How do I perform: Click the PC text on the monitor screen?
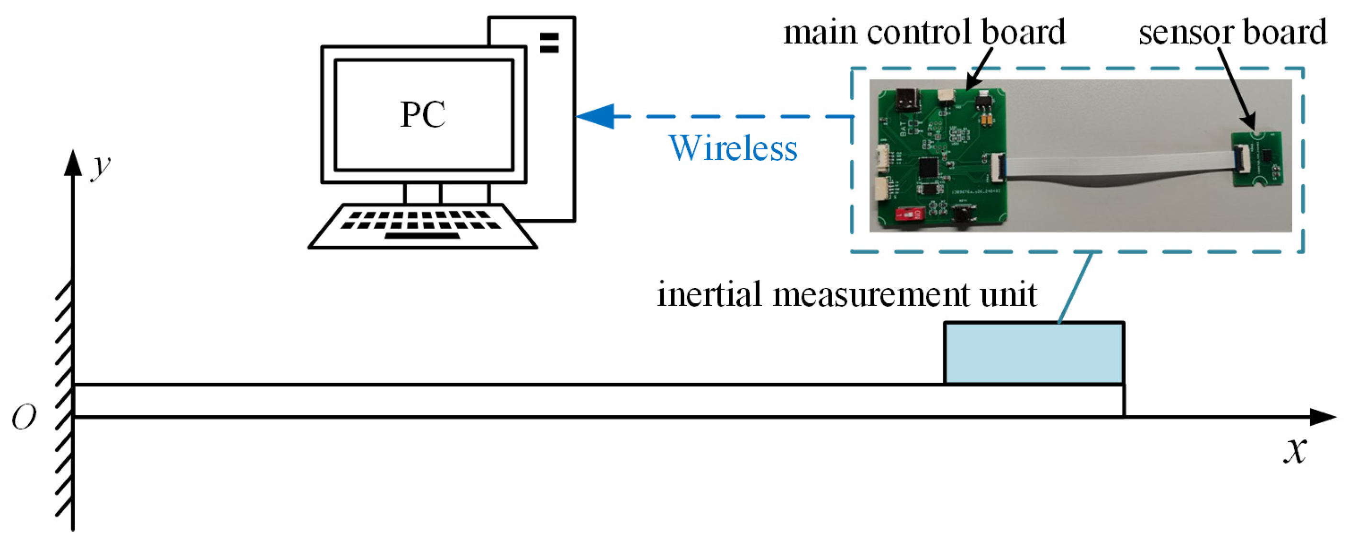tap(423, 114)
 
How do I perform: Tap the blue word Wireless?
tap(733, 148)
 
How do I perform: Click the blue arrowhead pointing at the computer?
tap(596, 116)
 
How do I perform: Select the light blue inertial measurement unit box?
tap(1034, 354)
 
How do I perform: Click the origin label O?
tap(24, 418)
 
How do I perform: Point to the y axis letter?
tap(100, 167)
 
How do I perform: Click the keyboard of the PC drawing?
tap(423, 226)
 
